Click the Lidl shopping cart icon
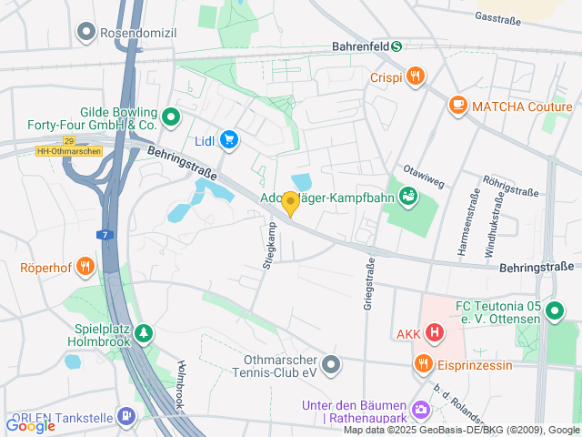pyautogui.click(x=229, y=139)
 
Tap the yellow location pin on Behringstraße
pyautogui.click(x=290, y=204)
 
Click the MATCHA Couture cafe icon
pyautogui.click(x=457, y=107)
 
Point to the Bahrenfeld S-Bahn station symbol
pyautogui.click(x=396, y=46)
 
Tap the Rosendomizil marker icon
pyautogui.click(x=86, y=33)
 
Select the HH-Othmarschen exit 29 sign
pyautogui.click(x=69, y=146)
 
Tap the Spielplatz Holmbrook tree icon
pyautogui.click(x=143, y=334)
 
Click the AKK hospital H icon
pyautogui.click(x=435, y=333)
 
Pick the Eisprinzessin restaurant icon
pyautogui.click(x=423, y=365)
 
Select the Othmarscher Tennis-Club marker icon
pyautogui.click(x=332, y=365)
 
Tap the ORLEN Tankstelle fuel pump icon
pyautogui.click(x=125, y=418)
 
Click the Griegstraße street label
pyautogui.click(x=369, y=285)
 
